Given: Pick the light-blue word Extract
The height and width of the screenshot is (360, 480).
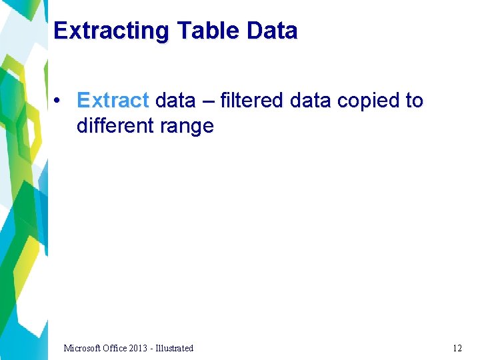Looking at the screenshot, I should tap(113, 101).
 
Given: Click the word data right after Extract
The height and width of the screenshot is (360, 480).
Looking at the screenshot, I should tap(175, 101).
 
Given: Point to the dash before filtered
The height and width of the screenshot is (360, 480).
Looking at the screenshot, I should tap(207, 101).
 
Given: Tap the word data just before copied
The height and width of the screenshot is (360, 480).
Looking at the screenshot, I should tap(311, 101).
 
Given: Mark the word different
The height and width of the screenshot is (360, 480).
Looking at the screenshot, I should tap(114, 125).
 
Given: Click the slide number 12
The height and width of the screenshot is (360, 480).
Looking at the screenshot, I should tap(457, 348).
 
